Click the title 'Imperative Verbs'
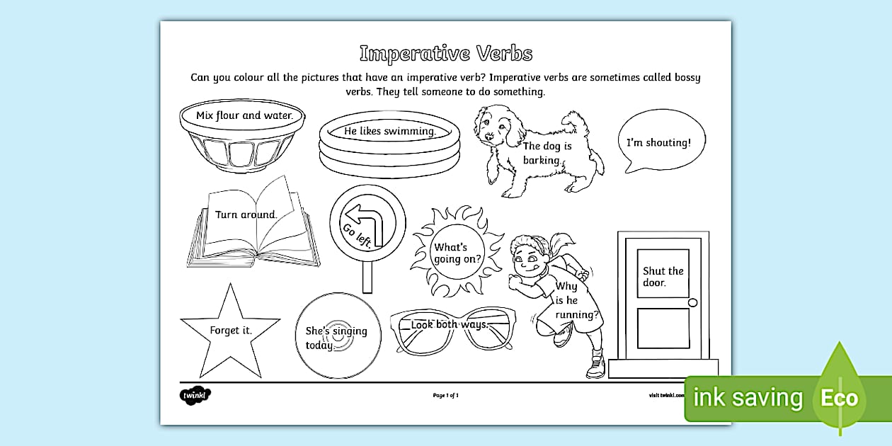pyautogui.click(x=445, y=54)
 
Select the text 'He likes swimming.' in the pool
pyautogui.click(x=389, y=131)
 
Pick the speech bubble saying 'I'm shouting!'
pyautogui.click(x=661, y=141)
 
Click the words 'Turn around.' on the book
pyautogui.click(x=246, y=214)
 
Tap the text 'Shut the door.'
pyautogui.click(x=663, y=276)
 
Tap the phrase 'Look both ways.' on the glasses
pyautogui.click(x=450, y=325)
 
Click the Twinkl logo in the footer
pyautogui.click(x=195, y=394)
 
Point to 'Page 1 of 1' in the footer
pyautogui.click(x=446, y=395)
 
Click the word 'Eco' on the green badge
pyautogui.click(x=839, y=398)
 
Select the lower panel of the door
pyautogui.click(x=663, y=328)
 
